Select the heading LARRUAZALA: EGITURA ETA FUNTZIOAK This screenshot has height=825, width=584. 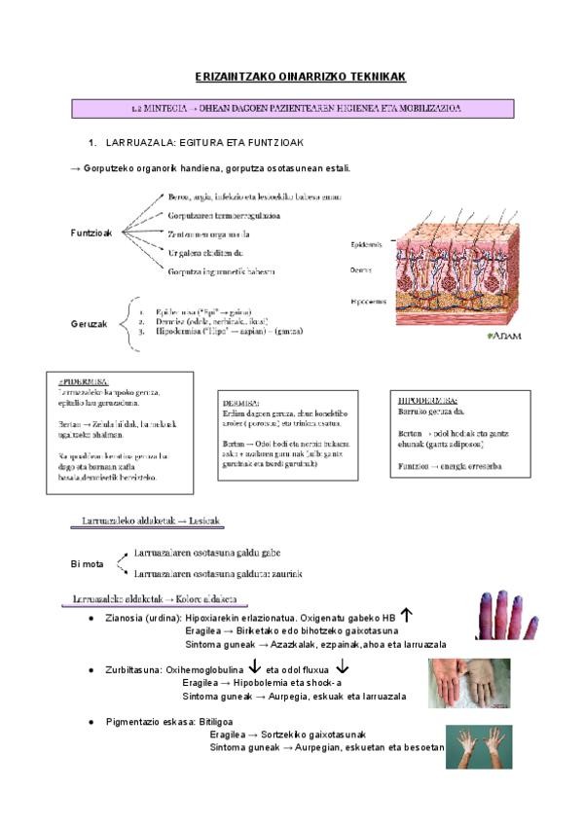click(x=195, y=142)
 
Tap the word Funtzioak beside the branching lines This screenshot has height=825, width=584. click(x=92, y=233)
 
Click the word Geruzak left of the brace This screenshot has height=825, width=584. click(x=89, y=323)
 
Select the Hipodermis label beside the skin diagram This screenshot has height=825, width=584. click(x=368, y=302)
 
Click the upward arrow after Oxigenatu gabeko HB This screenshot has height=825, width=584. click(x=408, y=616)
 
